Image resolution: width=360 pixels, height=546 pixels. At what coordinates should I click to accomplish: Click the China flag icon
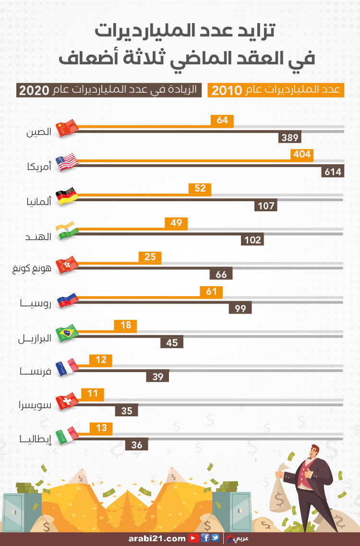67,128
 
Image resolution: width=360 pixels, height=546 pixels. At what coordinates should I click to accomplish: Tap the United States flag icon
67,162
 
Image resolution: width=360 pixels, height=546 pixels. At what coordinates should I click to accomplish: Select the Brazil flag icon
67,333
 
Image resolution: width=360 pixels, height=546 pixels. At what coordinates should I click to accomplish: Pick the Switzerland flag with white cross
67,401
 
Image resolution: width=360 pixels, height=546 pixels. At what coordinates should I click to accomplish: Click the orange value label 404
302,154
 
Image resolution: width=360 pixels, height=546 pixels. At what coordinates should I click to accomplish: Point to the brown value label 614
333,171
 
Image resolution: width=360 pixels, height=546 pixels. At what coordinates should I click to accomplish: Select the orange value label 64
222,120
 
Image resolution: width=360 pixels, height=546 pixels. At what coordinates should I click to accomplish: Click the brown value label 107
266,206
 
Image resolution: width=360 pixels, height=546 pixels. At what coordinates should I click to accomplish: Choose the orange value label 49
176,222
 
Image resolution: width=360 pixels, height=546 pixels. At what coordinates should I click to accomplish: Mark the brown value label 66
221,274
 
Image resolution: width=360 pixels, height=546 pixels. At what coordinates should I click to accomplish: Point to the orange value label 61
211,291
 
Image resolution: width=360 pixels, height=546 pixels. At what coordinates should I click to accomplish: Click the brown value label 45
172,342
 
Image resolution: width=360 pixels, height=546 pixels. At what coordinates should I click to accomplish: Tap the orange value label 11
93,394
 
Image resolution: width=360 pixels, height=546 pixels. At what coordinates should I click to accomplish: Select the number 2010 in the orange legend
227,90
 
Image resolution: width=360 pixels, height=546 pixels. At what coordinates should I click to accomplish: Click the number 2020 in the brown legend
34,90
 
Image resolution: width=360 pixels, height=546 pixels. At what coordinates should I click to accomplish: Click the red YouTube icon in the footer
193,538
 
